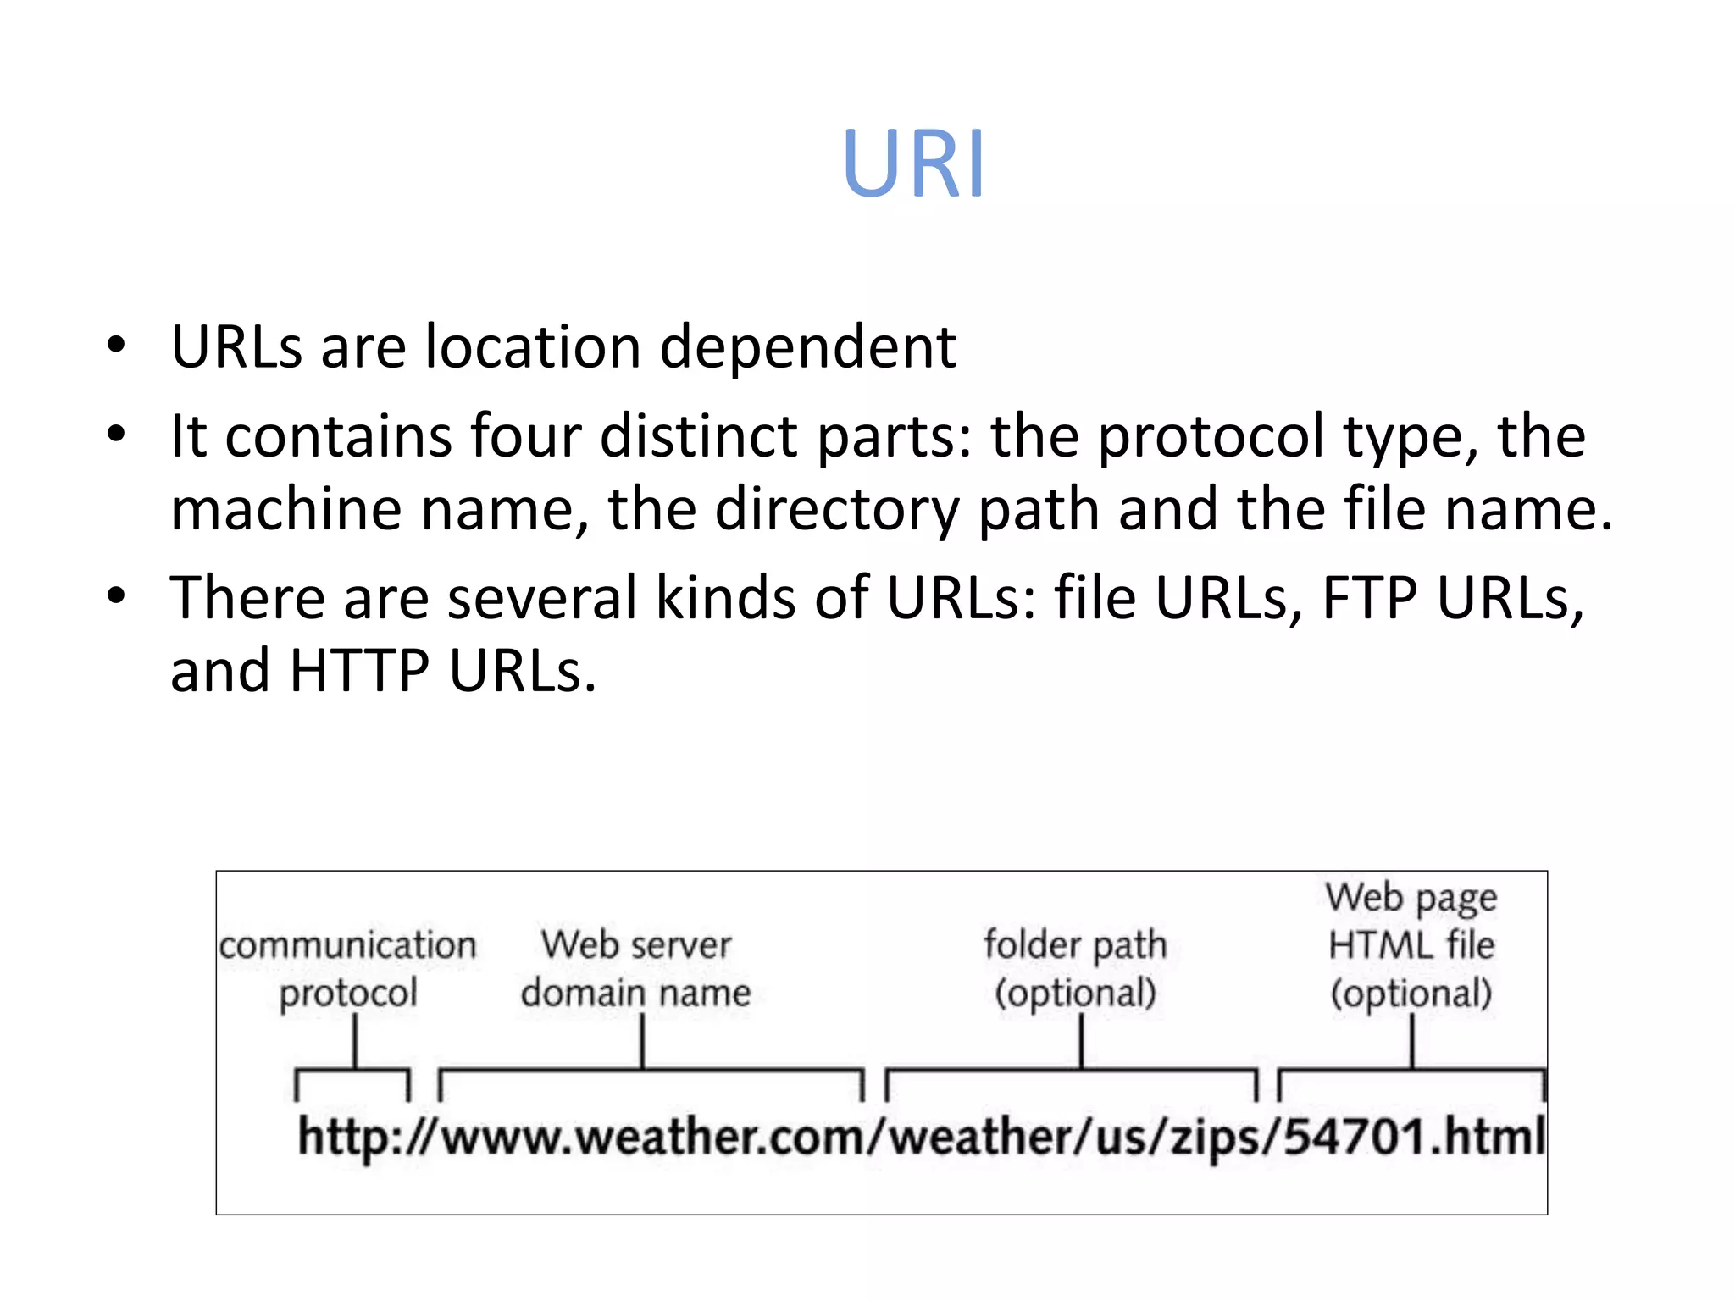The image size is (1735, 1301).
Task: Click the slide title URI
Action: pyautogui.click(x=913, y=163)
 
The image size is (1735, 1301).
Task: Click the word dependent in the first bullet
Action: pyautogui.click(x=807, y=346)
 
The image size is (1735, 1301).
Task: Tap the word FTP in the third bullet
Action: pyautogui.click(x=1370, y=598)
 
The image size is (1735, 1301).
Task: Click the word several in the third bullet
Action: pyautogui.click(x=541, y=598)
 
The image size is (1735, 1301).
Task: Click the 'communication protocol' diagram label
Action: pyautogui.click(x=348, y=969)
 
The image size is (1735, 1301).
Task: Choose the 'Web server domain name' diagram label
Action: pyautogui.click(x=636, y=969)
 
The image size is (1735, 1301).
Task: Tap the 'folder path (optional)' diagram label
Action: pyautogui.click(x=1076, y=969)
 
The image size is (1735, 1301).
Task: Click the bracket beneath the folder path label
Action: pyautogui.click(x=1071, y=1073)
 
